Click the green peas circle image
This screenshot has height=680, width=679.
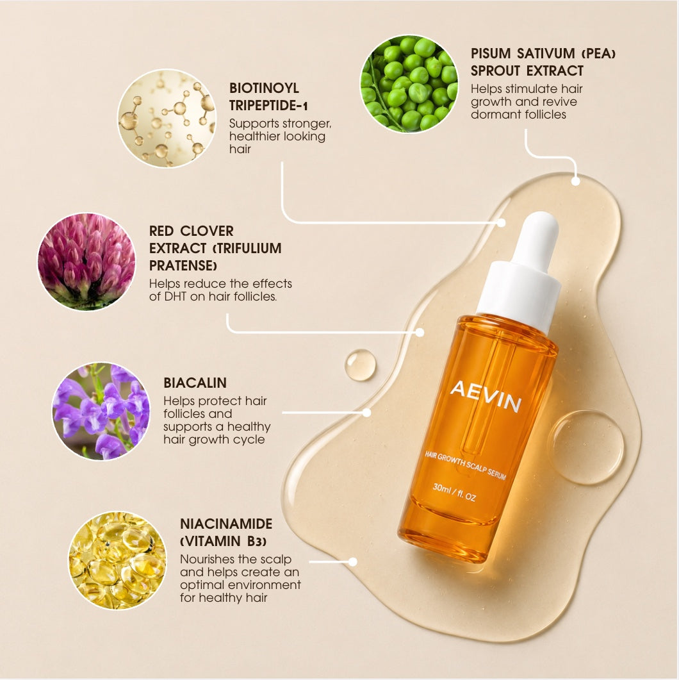coord(409,84)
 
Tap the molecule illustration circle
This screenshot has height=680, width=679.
coord(167,119)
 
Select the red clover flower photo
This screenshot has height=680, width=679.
coord(86,261)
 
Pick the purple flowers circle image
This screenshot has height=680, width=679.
coord(101,411)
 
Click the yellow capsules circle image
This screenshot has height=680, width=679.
coord(117,560)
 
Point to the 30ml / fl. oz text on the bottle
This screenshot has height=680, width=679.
coord(454,492)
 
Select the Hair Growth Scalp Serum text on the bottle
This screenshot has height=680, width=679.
coord(466,465)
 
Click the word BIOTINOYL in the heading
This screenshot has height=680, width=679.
coord(264,88)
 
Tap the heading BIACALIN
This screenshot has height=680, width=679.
coord(195,383)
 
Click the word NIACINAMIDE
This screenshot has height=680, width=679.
coord(226,524)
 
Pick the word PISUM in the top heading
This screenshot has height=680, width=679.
coord(491,53)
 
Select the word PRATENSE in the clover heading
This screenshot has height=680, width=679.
coord(183,265)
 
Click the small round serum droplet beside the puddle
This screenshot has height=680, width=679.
coord(360,365)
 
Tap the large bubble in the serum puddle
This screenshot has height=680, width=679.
coord(585,447)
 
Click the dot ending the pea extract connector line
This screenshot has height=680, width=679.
coord(575,181)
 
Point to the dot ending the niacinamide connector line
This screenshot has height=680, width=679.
coord(353,561)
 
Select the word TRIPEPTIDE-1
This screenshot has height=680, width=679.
coord(268,105)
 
